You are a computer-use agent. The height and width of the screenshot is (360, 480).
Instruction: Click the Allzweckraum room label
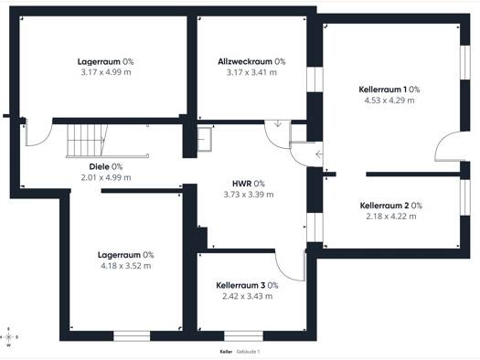tap(245, 62)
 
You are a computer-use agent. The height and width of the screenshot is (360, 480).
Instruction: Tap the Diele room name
tap(99, 166)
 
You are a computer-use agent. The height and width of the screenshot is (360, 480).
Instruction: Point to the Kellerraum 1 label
tap(383, 90)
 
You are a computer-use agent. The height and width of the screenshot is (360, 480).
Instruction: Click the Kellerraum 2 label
tap(384, 206)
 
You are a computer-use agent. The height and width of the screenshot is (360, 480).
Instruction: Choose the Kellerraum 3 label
tap(240, 285)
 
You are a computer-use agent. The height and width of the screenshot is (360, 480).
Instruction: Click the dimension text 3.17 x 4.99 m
tap(106, 72)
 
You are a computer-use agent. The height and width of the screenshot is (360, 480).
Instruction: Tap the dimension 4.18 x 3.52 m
tap(126, 266)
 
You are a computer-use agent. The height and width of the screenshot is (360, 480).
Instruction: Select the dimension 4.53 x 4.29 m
tap(389, 101)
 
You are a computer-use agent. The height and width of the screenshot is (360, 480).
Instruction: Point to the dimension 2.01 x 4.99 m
tap(106, 177)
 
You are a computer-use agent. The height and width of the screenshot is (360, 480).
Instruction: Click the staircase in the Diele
tap(87, 141)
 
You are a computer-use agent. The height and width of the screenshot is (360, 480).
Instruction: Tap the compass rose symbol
tap(9, 337)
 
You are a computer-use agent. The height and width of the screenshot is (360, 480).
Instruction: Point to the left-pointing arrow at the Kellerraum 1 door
tap(319, 154)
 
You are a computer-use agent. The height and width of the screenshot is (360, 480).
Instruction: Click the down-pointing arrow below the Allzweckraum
tap(278, 123)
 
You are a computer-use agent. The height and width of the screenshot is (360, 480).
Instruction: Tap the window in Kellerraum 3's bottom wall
tap(244, 336)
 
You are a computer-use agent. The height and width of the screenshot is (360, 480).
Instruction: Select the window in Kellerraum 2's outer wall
tap(465, 197)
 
